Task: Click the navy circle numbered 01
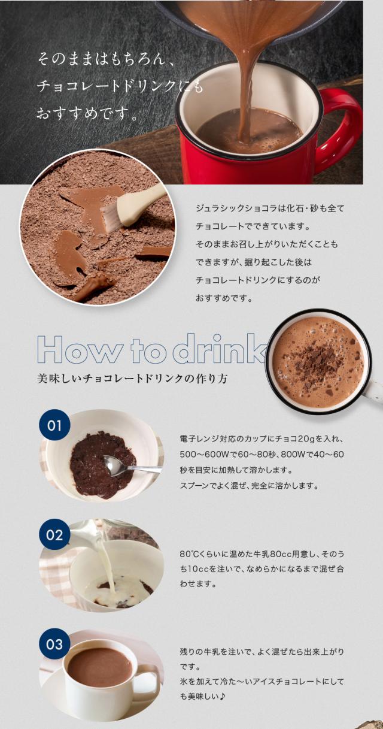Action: pos(54,425)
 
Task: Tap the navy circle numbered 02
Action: pos(54,535)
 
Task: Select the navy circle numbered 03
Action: pos(54,644)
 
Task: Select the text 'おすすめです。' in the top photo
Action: pos(86,114)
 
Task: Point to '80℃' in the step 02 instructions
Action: pos(187,554)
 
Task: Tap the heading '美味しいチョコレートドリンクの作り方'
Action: pos(132,379)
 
